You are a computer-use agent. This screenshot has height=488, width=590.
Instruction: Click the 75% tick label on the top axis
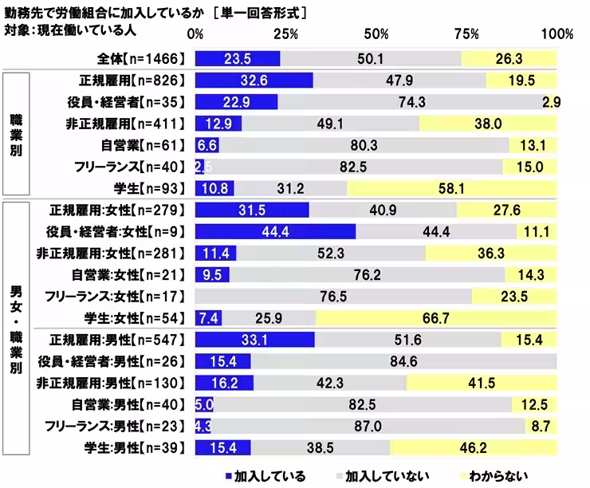[467, 34]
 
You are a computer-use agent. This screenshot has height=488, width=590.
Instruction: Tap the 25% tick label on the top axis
[285, 34]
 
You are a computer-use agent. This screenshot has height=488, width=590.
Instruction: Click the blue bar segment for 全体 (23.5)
[237, 58]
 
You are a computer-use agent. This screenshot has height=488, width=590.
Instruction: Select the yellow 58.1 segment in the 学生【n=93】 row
[451, 188]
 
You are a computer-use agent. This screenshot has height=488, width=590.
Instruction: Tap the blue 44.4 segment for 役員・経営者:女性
[274, 231]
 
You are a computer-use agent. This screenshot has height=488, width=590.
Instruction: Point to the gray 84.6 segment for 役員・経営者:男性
[403, 360]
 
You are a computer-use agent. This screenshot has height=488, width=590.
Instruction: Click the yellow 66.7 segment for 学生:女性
[435, 317]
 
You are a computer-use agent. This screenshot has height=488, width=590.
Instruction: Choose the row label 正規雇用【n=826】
[132, 80]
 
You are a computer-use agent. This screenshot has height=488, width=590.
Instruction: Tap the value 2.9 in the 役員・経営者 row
[553, 102]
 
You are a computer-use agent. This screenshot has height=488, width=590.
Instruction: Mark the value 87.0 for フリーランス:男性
[374, 425]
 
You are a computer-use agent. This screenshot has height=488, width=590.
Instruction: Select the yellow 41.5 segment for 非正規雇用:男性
[481, 382]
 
